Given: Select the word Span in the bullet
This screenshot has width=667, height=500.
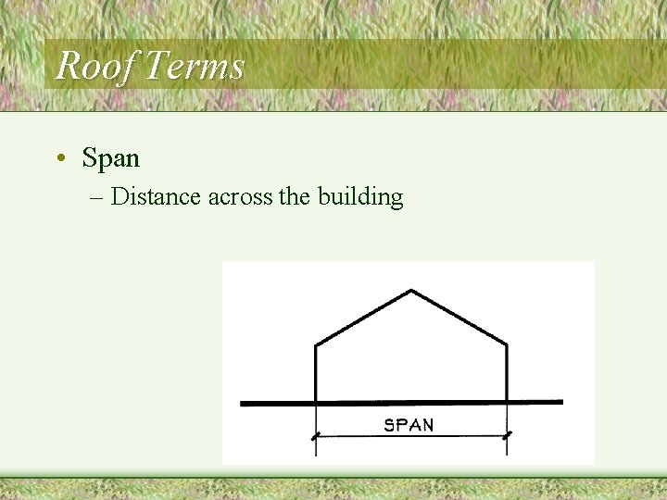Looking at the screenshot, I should [111, 158].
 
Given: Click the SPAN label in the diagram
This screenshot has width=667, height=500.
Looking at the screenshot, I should [409, 426].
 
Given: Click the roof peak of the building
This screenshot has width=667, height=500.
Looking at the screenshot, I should [410, 291].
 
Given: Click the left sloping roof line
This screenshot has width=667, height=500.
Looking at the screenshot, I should [363, 319].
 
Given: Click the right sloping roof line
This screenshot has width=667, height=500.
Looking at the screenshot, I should [459, 318].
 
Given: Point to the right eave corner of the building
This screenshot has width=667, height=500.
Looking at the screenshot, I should [507, 345].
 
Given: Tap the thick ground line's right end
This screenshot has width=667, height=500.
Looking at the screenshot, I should [560, 402].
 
